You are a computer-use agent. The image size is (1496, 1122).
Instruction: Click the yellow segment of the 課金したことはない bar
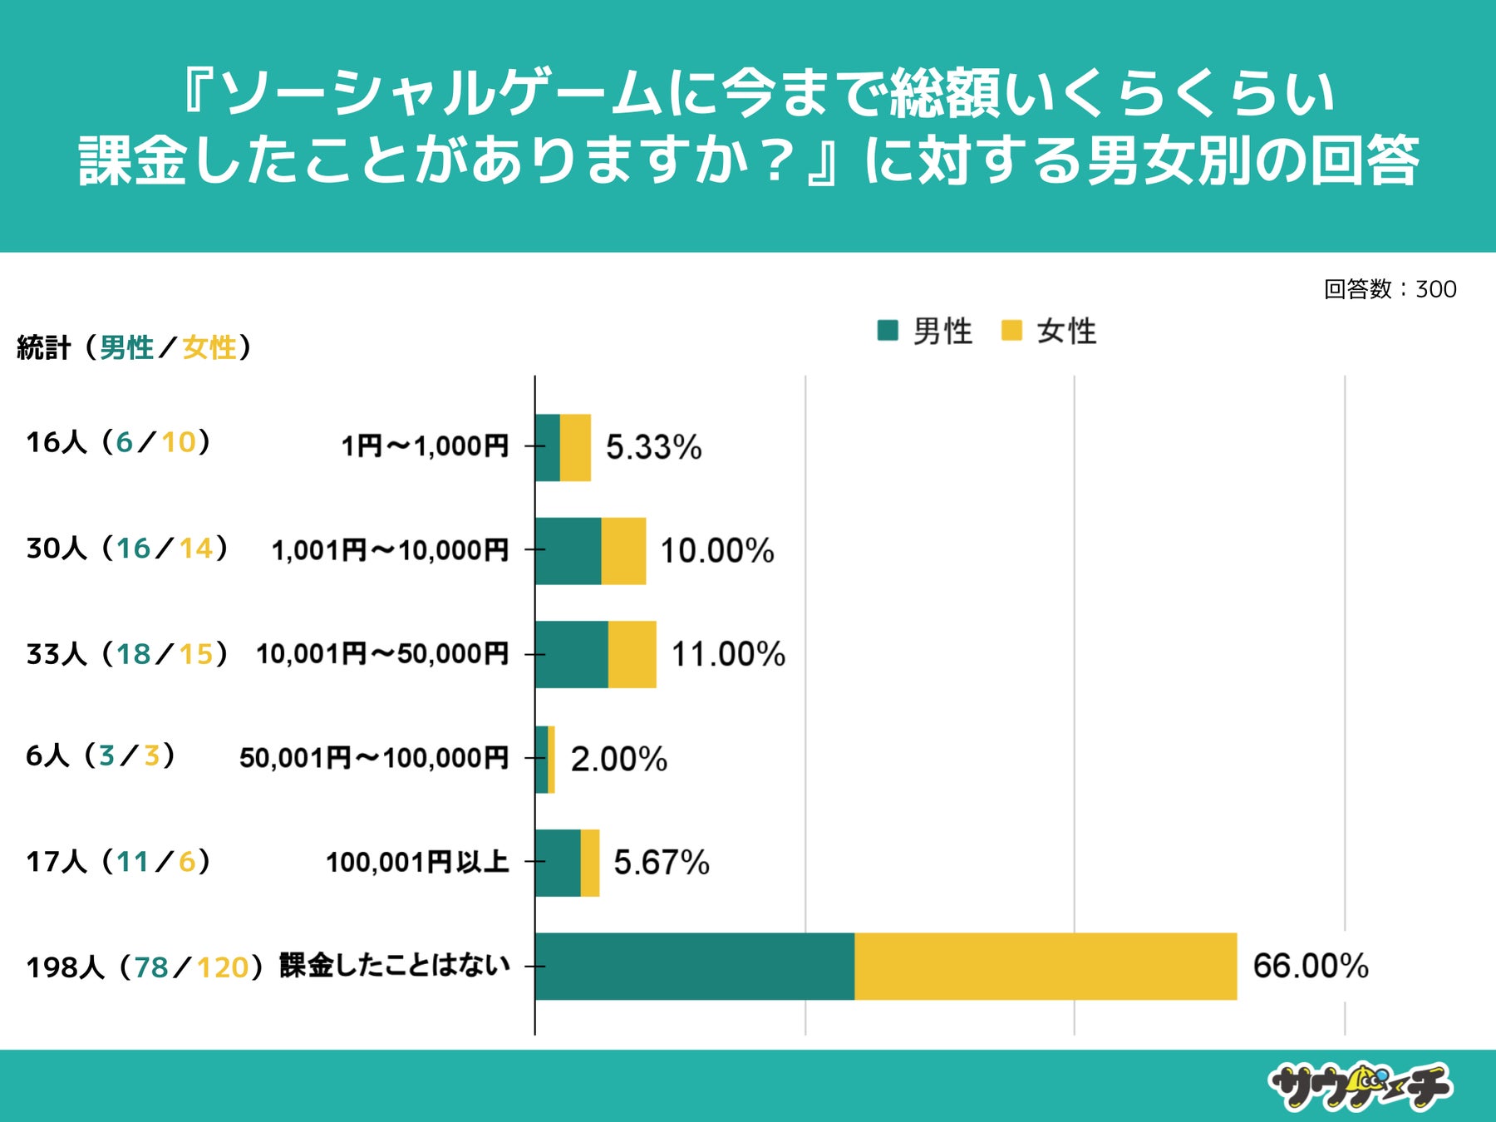coord(1046,967)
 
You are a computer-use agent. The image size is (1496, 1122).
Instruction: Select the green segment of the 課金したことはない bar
coord(695,967)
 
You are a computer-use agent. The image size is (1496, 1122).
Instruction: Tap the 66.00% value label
coord(1310,967)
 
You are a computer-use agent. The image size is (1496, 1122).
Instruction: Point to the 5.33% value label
coord(653,448)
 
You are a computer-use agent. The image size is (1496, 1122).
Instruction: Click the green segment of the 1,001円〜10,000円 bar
coord(568,551)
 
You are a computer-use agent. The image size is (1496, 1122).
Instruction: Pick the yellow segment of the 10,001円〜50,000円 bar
coord(632,655)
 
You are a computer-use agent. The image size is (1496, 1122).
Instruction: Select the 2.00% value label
coord(618,759)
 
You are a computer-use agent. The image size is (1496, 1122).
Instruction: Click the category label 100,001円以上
coord(417,863)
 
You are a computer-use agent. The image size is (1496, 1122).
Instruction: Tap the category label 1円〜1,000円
coord(425,447)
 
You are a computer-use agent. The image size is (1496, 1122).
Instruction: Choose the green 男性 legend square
coord(888,331)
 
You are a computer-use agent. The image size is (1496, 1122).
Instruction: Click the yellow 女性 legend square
coord(1011,331)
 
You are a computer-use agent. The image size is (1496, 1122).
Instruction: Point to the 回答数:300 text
coord(1390,289)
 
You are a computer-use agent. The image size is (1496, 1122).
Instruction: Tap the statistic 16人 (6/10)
coord(118,442)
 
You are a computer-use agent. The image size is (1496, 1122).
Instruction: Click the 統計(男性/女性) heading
coord(133,347)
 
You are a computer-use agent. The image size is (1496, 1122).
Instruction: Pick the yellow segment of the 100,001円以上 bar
coord(590,863)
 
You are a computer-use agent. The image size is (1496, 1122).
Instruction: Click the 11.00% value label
coord(727,655)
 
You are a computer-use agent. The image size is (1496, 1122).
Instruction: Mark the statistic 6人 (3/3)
coord(100,755)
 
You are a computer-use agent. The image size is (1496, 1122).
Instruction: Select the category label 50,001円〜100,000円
coord(374,758)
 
